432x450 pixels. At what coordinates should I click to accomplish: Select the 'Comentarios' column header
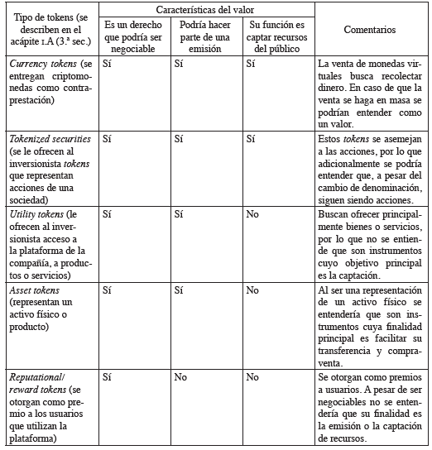click(370, 29)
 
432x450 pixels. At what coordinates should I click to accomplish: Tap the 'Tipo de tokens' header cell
click(50, 29)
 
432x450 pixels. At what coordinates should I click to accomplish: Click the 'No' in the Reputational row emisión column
click(180, 376)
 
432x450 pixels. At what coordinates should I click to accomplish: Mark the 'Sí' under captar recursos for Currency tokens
click(250, 63)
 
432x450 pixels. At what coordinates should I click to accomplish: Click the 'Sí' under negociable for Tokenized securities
click(107, 138)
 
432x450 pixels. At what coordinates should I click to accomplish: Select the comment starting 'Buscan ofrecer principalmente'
click(370, 243)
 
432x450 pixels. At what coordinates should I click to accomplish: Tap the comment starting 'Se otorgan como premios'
click(370, 408)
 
